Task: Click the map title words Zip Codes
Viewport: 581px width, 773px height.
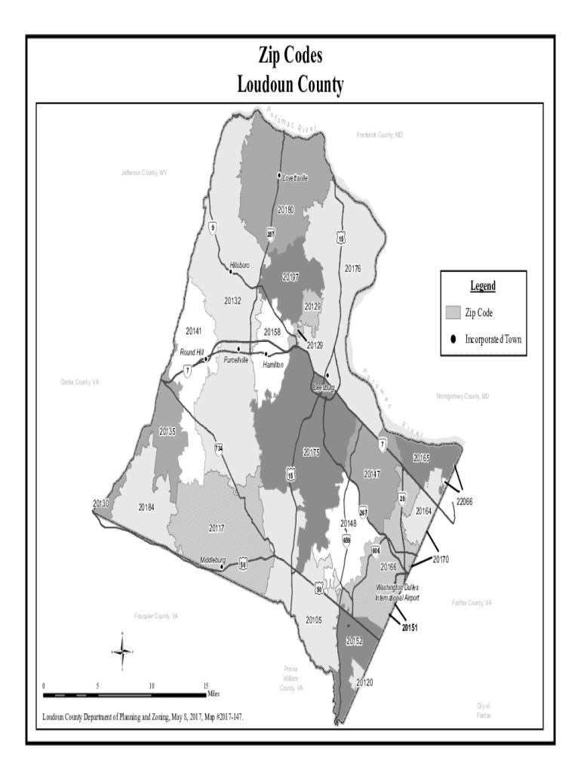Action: pyautogui.click(x=290, y=57)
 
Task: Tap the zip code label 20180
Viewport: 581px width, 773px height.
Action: pyautogui.click(x=286, y=209)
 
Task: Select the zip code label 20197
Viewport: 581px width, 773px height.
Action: pyautogui.click(x=290, y=278)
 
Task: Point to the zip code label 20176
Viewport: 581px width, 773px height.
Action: pyautogui.click(x=352, y=268)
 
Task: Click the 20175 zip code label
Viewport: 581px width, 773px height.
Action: pyautogui.click(x=312, y=452)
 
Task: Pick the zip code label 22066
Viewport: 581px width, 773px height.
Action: pyautogui.click(x=463, y=501)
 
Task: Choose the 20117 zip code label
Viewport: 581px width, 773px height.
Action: pyautogui.click(x=218, y=527)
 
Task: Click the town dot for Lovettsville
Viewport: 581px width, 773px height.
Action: pyautogui.click(x=280, y=173)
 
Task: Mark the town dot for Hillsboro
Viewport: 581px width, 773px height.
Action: pyautogui.click(x=231, y=271)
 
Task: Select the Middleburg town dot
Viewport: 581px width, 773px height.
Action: pyautogui.click(x=221, y=566)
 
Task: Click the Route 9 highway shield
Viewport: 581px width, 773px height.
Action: pyautogui.click(x=214, y=227)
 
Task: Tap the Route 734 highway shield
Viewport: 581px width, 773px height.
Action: pyautogui.click(x=218, y=448)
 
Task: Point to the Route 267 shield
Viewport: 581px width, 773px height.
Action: pyautogui.click(x=363, y=511)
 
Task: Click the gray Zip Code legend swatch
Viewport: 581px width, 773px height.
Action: pyautogui.click(x=453, y=313)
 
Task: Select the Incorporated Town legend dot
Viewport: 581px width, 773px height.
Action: pyautogui.click(x=453, y=340)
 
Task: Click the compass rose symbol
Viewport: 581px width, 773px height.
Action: pyautogui.click(x=123, y=650)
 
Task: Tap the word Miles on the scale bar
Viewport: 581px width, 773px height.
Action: pyautogui.click(x=214, y=694)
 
